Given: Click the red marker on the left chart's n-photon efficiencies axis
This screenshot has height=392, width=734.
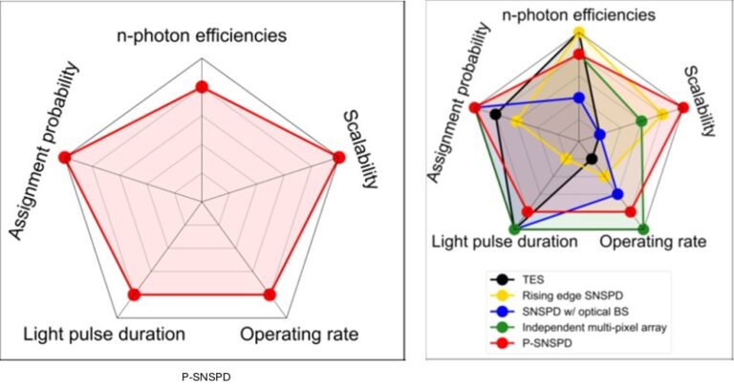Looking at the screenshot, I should coord(201,87).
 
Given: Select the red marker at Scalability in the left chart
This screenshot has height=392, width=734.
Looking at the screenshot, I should coord(336,158).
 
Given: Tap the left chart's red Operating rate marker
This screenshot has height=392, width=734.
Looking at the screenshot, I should coord(270,294).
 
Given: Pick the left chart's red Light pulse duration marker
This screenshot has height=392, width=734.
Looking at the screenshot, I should coord(134,294).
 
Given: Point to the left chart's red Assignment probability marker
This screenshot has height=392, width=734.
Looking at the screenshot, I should coord(65,157).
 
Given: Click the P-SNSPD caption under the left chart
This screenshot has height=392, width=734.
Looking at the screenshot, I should coord(202,376).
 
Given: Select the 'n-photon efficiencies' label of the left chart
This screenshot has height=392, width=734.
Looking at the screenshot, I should coord(201,37).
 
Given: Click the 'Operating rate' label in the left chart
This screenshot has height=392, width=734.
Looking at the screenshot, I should coord(299,335).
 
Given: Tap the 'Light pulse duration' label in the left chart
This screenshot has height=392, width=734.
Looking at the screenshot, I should coord(103,335).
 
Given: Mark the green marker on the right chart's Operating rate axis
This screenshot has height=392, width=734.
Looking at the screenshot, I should coord(643,229).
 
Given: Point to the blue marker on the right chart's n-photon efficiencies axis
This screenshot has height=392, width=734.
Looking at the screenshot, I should coord(578,98).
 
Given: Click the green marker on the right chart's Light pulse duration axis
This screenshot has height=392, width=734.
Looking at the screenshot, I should coord(515,229).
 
